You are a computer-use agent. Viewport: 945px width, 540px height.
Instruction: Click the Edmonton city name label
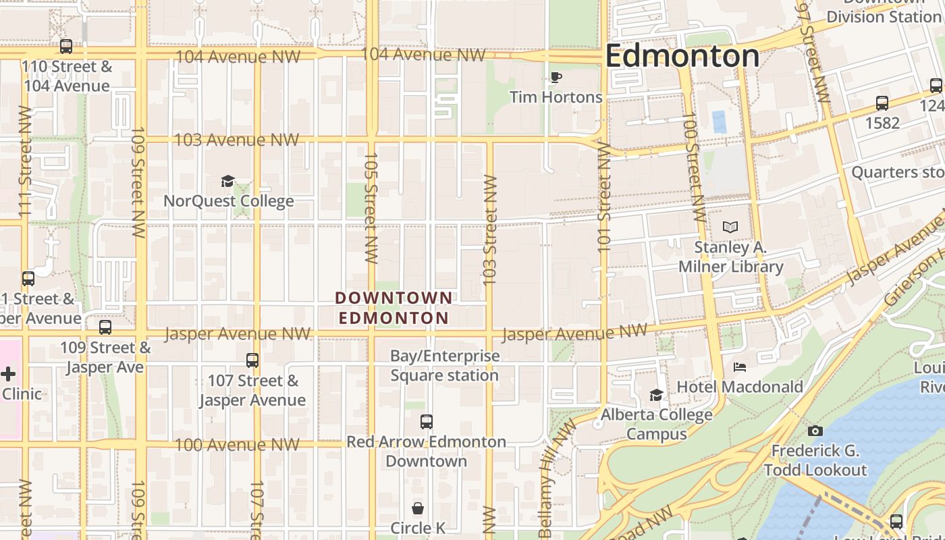[x=682, y=55]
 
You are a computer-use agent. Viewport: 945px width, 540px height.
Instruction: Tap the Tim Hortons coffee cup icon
[x=556, y=78]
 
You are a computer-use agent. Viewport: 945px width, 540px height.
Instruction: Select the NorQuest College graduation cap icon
[x=228, y=181]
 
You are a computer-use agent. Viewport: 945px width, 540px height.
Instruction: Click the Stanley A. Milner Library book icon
[x=730, y=227]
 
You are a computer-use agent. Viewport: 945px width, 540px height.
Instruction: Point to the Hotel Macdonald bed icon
[x=740, y=367]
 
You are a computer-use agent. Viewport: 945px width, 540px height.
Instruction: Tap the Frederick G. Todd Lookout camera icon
[x=815, y=431]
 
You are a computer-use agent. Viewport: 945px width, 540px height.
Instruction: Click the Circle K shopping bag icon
[x=418, y=508]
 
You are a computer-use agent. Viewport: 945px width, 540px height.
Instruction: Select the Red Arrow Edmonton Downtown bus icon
[x=426, y=422]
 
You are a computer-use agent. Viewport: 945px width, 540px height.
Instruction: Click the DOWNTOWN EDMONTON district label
[x=394, y=308]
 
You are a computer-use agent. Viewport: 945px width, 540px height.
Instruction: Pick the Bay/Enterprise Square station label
[x=445, y=365]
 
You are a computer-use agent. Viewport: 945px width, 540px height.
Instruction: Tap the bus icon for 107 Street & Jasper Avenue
[x=252, y=360]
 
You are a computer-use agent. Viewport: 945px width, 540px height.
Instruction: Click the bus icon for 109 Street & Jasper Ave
[x=105, y=327]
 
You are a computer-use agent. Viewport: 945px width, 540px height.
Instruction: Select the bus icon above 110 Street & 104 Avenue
[x=66, y=47]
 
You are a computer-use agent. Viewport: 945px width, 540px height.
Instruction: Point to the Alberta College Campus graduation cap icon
[x=656, y=395]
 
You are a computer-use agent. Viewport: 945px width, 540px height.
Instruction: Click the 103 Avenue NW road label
[x=236, y=140]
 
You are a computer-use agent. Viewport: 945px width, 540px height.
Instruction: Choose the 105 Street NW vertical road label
[x=371, y=207]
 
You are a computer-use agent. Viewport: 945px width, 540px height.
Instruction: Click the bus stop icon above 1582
[x=882, y=103]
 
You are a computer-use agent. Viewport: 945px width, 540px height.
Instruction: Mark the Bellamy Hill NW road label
[x=548, y=479]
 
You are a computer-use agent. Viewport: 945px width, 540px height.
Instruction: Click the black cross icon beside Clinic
[x=8, y=374]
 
